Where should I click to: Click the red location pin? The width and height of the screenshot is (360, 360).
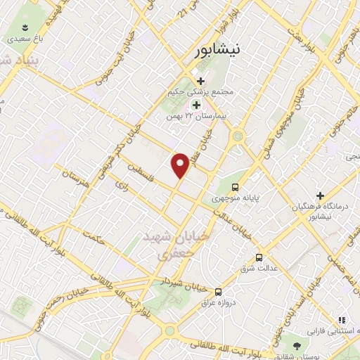pyautogui.click(x=181, y=165)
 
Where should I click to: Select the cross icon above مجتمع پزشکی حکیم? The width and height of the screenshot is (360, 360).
pyautogui.click(x=201, y=81)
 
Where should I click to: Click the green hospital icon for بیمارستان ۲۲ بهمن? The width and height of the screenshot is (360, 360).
pyautogui.click(x=196, y=105)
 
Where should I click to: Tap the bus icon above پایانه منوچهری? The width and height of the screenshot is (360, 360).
pyautogui.click(x=235, y=188)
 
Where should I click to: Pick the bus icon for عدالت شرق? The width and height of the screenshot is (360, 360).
pyautogui.click(x=259, y=257)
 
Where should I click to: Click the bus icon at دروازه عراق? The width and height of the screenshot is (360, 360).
pyautogui.click(x=218, y=291)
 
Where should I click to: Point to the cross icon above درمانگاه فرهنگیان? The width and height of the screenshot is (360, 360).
pyautogui.click(x=320, y=195)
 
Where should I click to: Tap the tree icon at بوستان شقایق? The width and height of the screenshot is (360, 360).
pyautogui.click(x=297, y=345)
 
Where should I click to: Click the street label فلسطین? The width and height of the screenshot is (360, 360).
pyautogui.click(x=143, y=172)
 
